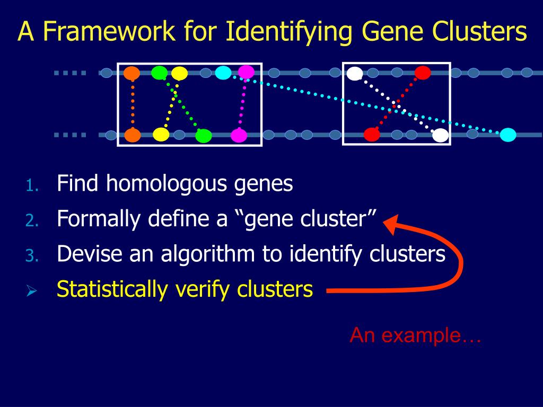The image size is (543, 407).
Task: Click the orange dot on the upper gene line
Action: [132, 73]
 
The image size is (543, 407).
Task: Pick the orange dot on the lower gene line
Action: [133, 136]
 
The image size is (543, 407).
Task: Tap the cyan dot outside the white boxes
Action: [508, 135]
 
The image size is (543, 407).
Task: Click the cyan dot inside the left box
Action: [223, 73]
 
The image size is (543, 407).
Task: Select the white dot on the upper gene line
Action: [354, 74]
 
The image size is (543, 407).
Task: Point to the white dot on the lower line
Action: [440, 136]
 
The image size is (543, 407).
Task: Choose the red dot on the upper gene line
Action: [422, 73]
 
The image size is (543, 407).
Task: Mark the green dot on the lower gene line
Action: [204, 136]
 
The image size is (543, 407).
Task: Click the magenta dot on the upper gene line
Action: [246, 72]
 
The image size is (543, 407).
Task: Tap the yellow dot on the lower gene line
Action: [161, 135]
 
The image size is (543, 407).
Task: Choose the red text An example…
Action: [415, 335]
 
